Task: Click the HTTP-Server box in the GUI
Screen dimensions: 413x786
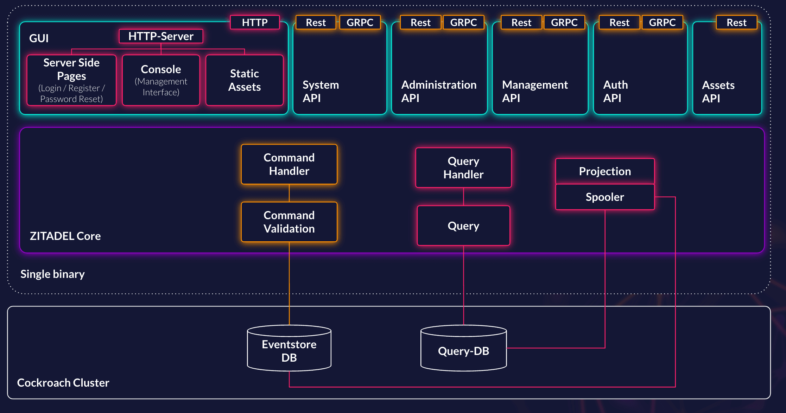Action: point(161,36)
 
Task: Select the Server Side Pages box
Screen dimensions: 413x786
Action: point(71,80)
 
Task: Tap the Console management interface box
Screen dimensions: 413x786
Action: point(161,80)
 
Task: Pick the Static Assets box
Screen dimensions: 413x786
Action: point(245,80)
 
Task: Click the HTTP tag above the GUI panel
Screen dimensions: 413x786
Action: point(255,23)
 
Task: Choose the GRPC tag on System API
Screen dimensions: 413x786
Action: point(360,23)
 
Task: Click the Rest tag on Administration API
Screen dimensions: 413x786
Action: point(420,23)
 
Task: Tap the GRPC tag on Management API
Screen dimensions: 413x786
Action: point(564,23)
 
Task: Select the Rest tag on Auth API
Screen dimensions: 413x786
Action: point(619,23)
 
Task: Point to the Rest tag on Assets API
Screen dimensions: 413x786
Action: point(736,23)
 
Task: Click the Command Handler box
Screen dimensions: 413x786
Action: point(289,164)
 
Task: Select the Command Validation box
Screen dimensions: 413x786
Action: point(289,222)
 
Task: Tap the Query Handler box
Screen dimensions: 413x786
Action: point(463,168)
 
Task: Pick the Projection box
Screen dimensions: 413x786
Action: point(605,171)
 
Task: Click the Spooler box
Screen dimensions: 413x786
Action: point(605,197)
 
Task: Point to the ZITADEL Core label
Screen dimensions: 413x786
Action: point(65,236)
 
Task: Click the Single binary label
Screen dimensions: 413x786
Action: point(52,274)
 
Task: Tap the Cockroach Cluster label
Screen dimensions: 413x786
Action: point(63,383)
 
